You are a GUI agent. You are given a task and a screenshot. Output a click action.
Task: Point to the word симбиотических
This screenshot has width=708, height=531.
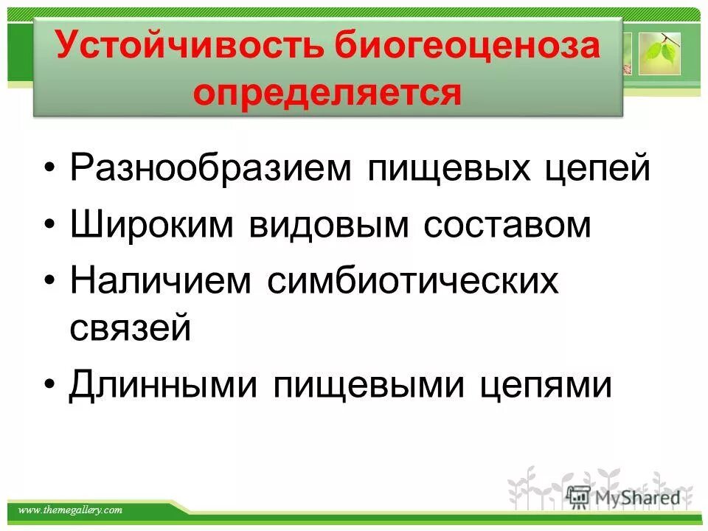pos(412,281)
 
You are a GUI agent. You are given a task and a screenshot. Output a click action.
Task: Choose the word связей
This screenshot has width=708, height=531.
pos(131,327)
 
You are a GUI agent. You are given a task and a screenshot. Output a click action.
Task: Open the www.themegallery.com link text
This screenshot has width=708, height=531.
pos(70,510)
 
